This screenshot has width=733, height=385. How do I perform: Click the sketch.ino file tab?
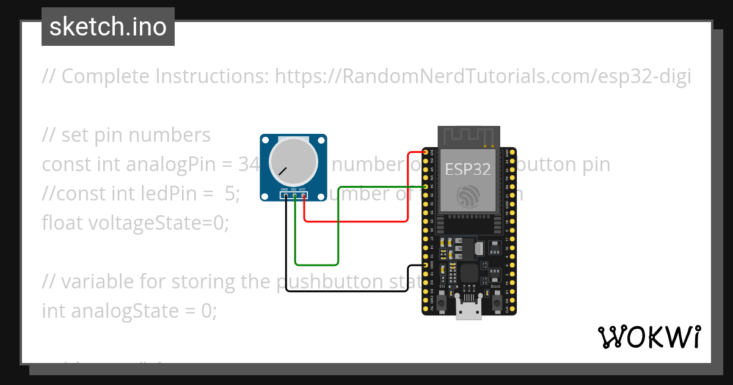pyautogui.click(x=108, y=27)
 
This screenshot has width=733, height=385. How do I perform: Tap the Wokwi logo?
pyautogui.click(x=649, y=337)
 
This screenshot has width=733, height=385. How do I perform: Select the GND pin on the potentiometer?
pyautogui.click(x=285, y=196)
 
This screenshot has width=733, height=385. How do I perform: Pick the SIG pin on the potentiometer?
pyautogui.click(x=294, y=196)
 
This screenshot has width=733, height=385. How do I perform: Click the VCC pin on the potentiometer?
pyautogui.click(x=304, y=196)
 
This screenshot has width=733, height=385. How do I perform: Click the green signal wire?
pyautogui.click(x=338, y=232)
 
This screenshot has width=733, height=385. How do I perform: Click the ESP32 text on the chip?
pyautogui.click(x=468, y=169)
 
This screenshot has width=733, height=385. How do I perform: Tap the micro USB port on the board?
pyautogui.click(x=469, y=312)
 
